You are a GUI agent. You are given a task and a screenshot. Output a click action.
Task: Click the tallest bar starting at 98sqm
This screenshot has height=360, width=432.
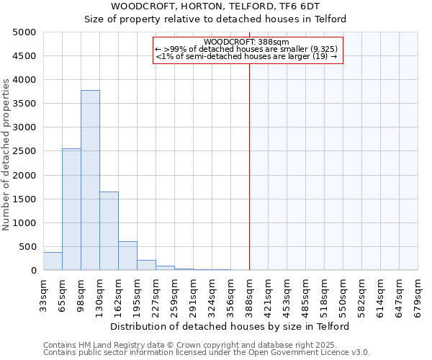[x=90, y=180]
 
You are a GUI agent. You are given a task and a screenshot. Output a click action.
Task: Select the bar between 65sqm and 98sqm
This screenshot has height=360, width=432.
[x=71, y=209]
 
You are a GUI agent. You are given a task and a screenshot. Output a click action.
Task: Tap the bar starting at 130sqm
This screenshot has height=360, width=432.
[x=109, y=230]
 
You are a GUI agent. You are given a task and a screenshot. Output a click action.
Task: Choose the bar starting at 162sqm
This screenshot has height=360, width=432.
[x=127, y=256]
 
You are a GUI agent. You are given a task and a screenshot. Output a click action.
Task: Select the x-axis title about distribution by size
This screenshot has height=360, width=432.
[x=230, y=326]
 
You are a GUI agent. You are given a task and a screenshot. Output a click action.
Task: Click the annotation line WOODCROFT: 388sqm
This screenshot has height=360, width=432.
[x=246, y=42]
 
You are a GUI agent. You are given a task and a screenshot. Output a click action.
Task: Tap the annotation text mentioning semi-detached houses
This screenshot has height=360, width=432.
[x=246, y=56]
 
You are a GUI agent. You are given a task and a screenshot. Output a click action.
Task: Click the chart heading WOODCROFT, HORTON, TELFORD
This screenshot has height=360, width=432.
[x=215, y=6]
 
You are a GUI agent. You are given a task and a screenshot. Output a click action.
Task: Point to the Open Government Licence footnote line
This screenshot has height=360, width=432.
[x=207, y=353]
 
